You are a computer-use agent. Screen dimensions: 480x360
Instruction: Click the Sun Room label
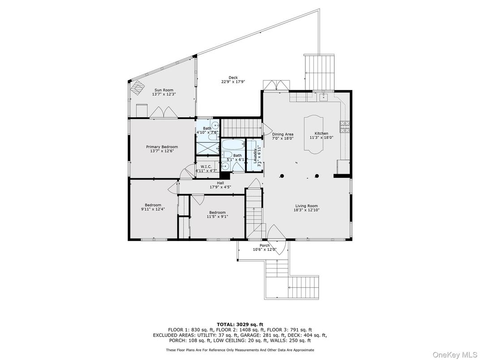point(164,90)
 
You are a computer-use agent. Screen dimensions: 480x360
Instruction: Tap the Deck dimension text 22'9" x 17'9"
point(233,82)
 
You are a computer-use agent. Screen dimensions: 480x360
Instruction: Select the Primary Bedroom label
point(162,147)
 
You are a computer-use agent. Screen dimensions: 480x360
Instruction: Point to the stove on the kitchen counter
point(344,127)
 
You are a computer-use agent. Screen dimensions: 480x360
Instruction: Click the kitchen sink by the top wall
point(323,97)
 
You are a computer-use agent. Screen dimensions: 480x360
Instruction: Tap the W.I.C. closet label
point(206,167)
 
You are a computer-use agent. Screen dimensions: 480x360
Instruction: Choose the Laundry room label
point(255,155)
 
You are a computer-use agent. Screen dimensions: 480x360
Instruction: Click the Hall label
point(220,183)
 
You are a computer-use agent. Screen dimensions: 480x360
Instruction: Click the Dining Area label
point(283,134)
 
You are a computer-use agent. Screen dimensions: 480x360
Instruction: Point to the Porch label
point(265,245)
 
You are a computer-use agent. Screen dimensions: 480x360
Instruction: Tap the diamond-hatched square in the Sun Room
point(137,88)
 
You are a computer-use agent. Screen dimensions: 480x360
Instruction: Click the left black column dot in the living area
point(282,176)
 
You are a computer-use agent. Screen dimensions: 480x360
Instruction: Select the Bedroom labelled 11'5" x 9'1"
point(217,214)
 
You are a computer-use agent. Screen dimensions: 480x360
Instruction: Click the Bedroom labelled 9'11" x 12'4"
point(153,207)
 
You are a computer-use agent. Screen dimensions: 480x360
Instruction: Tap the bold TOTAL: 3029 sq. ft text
point(240,325)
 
